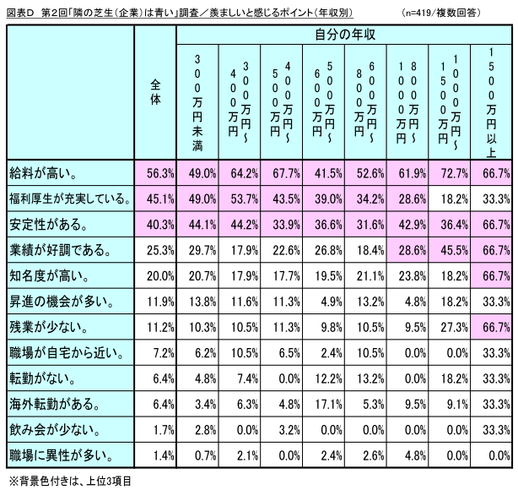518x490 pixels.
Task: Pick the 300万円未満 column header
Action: pos(197,99)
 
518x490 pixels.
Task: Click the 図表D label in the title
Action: pos(19,13)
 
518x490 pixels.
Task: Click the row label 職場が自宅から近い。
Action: pos(57,351)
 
